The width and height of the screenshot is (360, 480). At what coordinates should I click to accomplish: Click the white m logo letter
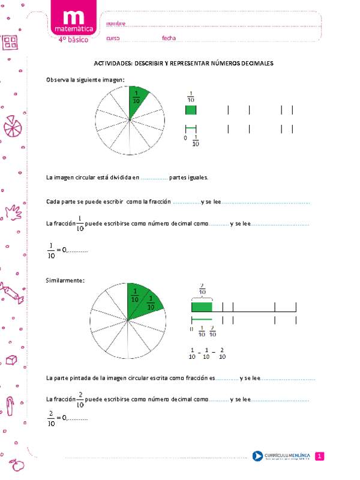tap(73, 17)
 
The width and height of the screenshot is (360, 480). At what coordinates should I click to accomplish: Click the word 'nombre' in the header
tap(116, 23)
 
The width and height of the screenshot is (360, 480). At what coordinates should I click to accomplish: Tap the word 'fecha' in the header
tap(169, 38)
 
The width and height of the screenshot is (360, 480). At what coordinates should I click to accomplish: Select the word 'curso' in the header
tap(113, 38)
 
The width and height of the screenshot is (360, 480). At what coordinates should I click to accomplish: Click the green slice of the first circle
tap(137, 98)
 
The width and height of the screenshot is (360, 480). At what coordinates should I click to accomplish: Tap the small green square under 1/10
tap(190, 110)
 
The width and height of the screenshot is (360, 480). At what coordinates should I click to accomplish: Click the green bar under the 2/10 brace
tap(202, 307)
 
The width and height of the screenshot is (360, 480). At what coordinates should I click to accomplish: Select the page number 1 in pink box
tap(320, 457)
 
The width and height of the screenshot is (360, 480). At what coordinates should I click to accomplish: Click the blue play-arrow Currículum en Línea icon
tap(257, 457)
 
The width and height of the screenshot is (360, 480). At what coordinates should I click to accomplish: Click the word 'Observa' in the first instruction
tap(57, 79)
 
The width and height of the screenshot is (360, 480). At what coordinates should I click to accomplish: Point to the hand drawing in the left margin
tap(13, 212)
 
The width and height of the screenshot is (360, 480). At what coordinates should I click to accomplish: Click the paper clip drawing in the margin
tap(11, 403)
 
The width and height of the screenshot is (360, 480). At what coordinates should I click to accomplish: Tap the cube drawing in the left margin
tap(10, 359)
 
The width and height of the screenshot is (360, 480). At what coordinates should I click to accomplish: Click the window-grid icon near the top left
tap(11, 42)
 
